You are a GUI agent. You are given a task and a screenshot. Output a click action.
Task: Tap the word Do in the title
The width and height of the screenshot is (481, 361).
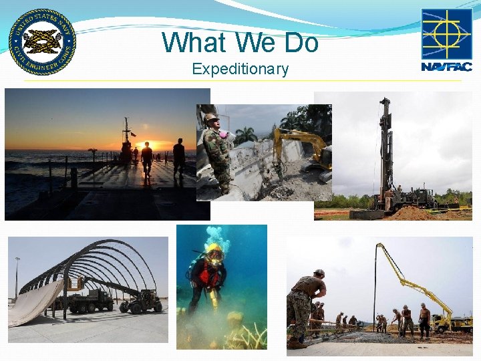click(x=301, y=43)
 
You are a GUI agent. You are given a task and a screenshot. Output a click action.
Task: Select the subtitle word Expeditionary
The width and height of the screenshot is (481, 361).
click(x=240, y=69)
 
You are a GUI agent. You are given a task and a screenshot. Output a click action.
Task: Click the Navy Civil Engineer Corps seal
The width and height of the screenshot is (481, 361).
click(x=42, y=42)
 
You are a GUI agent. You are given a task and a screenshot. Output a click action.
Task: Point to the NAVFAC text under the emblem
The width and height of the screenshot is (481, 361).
click(x=446, y=67)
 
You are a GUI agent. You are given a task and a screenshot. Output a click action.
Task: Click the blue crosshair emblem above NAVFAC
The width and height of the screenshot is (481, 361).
click(x=446, y=33)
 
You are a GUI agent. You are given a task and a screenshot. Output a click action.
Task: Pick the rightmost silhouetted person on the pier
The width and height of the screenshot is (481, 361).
click(x=179, y=158)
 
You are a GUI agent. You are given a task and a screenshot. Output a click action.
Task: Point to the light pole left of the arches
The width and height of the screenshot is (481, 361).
click(x=17, y=277)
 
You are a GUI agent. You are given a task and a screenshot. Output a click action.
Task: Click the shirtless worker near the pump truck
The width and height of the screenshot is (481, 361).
click(x=424, y=320)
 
